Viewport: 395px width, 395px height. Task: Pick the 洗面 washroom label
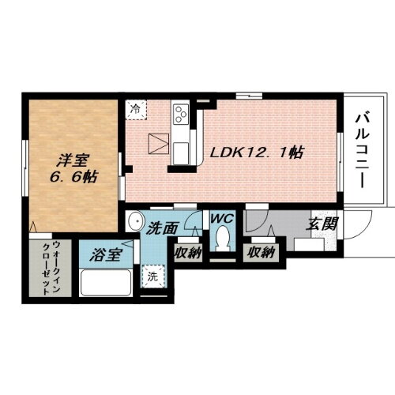click(x=164, y=227)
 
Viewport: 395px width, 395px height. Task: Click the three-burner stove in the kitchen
click(x=180, y=115)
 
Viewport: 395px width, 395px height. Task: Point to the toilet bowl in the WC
click(x=223, y=239)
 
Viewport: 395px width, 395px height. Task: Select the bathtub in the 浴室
click(x=104, y=282)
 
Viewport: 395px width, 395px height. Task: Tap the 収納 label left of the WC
click(x=190, y=254)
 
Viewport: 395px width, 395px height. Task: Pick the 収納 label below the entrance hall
click(x=260, y=253)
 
